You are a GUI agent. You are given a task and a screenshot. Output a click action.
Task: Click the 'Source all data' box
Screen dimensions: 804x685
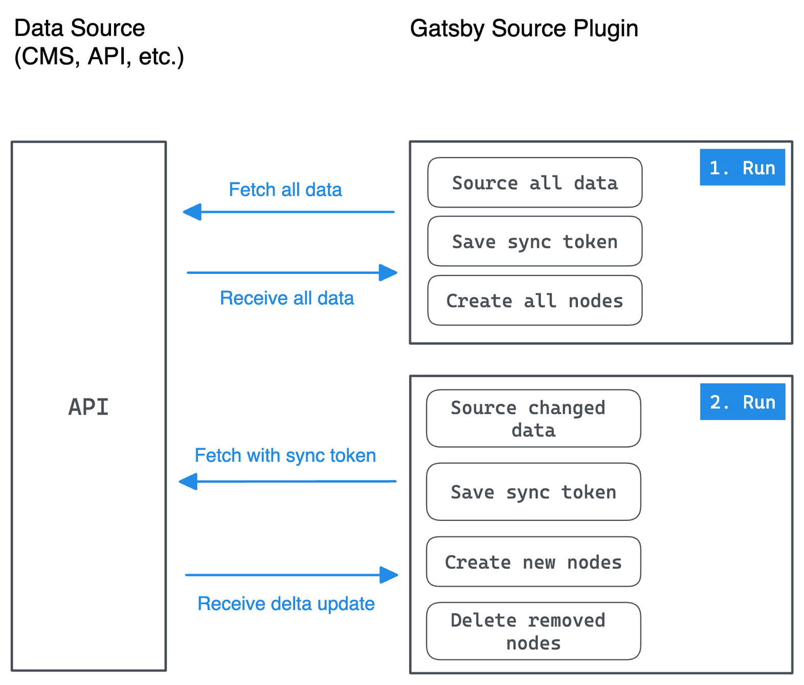point(534,182)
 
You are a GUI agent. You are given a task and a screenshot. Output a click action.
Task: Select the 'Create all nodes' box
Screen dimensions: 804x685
point(534,301)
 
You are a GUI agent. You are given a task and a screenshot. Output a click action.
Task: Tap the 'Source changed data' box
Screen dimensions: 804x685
point(533,419)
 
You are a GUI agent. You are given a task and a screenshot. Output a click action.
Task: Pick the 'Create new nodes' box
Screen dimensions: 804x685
point(533,562)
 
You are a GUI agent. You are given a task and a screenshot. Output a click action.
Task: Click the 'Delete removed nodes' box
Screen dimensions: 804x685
point(533,631)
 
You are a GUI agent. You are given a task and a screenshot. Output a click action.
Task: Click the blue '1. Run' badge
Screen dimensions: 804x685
point(742,167)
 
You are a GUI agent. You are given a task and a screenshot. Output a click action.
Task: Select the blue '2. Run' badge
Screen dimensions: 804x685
point(743,402)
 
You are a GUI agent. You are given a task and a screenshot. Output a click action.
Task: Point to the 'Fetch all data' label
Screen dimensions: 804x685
point(285,190)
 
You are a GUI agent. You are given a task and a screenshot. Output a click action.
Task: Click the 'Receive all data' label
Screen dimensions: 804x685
point(287,298)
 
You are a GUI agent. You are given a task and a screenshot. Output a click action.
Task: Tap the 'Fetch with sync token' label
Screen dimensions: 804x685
point(285,455)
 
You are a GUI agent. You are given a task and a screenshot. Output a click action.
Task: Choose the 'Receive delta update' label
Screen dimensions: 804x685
point(286,604)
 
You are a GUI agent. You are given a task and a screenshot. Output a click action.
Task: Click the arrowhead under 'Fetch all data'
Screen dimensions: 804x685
point(192,212)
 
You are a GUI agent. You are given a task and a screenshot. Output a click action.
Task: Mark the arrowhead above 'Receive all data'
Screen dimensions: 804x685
point(388,272)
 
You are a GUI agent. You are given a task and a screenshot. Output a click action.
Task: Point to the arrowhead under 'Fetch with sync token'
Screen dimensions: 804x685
point(188,482)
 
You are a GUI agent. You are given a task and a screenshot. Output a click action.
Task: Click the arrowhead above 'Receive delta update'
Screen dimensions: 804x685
point(389,575)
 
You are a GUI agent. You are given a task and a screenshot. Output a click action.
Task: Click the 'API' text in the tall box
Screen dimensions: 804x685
point(88,407)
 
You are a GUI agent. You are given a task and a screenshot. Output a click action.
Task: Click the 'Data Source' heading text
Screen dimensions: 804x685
point(79,28)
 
